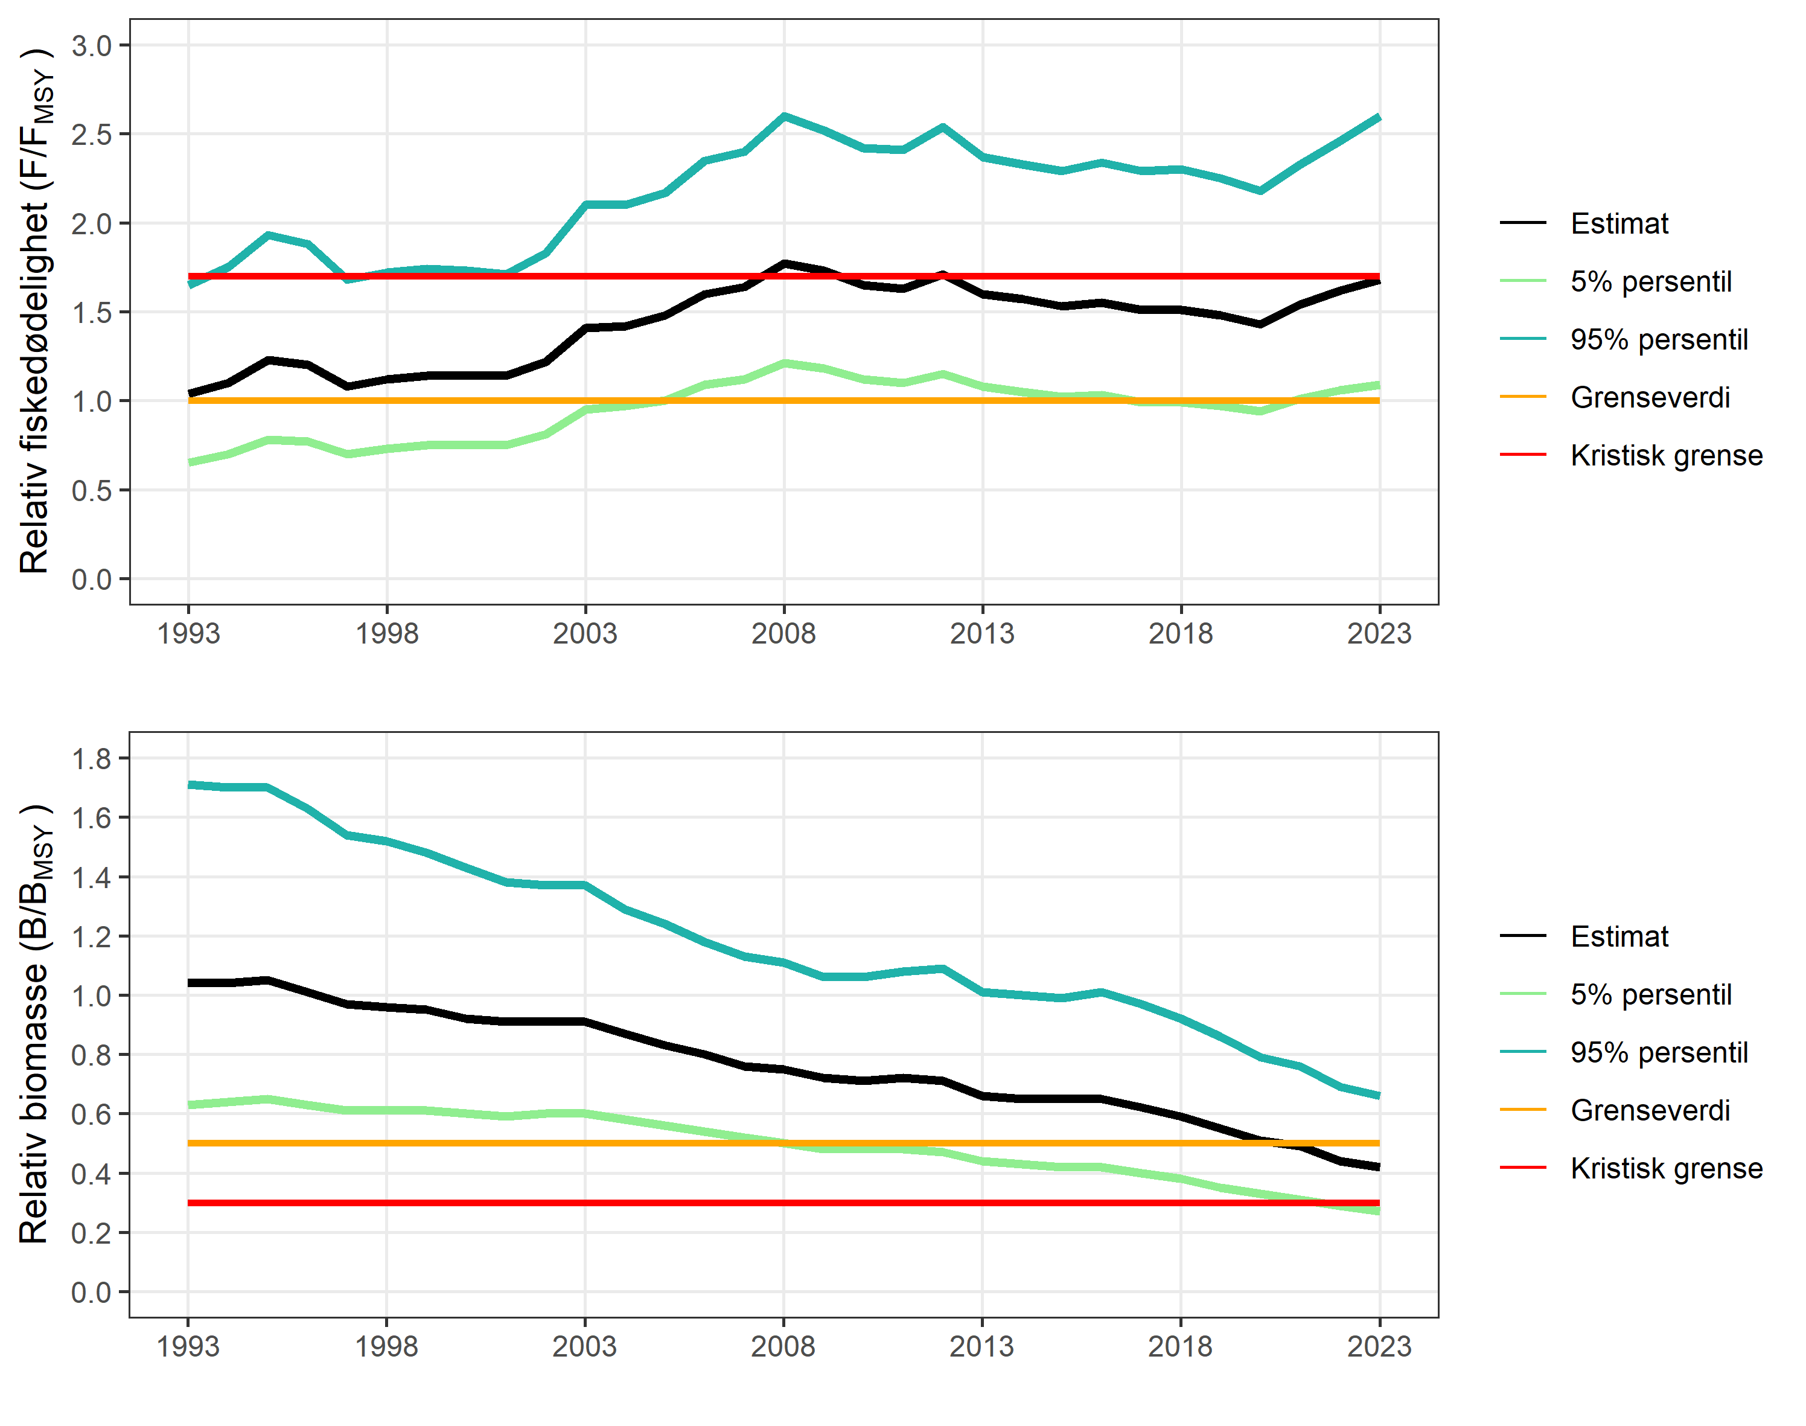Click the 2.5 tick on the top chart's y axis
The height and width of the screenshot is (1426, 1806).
pyautogui.click(x=91, y=135)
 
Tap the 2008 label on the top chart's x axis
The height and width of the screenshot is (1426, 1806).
pyautogui.click(x=782, y=634)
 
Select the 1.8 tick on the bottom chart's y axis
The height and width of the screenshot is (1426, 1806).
pyautogui.click(x=91, y=759)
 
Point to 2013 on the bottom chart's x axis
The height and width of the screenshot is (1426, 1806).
pyautogui.click(x=981, y=1347)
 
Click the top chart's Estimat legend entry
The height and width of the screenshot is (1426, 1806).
pyautogui.click(x=1618, y=224)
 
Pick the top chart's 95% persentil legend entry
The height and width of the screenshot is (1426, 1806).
pyautogui.click(x=1658, y=340)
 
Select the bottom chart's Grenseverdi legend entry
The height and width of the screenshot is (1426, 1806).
pyautogui.click(x=1649, y=1110)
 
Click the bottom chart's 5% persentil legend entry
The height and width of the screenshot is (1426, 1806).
pyautogui.click(x=1650, y=994)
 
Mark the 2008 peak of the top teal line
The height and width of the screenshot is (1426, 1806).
pyautogui.click(x=783, y=116)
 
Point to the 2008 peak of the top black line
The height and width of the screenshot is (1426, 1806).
pyautogui.click(x=783, y=264)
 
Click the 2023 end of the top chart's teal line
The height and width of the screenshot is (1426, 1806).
pyautogui.click(x=1378, y=118)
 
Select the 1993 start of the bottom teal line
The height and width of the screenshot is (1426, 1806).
pyautogui.click(x=190, y=784)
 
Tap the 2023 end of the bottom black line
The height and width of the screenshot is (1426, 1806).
pyautogui.click(x=1378, y=1166)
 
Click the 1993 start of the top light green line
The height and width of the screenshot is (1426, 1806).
pyautogui.click(x=190, y=462)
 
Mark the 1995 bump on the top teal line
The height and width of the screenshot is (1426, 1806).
pyautogui.click(x=268, y=235)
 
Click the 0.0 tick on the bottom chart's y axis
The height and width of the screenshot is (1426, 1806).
pyautogui.click(x=91, y=1293)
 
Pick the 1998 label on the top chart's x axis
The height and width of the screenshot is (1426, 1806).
pyautogui.click(x=386, y=634)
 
